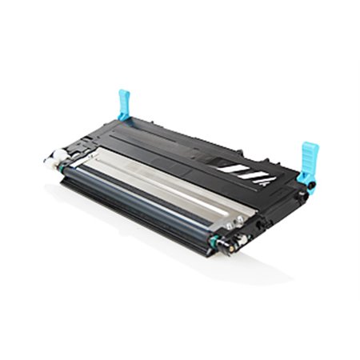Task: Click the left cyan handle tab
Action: click(x=124, y=103)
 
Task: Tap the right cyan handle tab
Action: click(x=309, y=155)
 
